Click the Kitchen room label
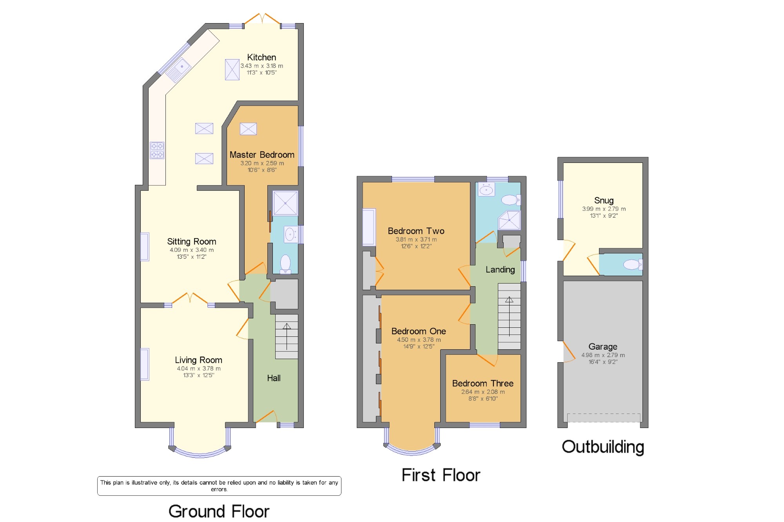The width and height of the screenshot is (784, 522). pyautogui.click(x=261, y=57)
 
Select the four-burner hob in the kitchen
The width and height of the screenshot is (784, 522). pyautogui.click(x=157, y=150)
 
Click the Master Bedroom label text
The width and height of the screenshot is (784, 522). pyautogui.click(x=262, y=155)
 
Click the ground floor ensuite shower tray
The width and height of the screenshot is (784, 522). pyautogui.click(x=285, y=203)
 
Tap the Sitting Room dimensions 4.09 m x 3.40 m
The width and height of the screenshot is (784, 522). pyautogui.click(x=192, y=250)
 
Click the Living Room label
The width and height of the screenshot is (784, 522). pyautogui.click(x=198, y=360)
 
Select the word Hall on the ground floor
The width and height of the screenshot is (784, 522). pyautogui.click(x=274, y=378)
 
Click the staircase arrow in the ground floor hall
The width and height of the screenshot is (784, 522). pyautogui.click(x=287, y=336)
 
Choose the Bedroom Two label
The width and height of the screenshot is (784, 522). pyautogui.click(x=416, y=231)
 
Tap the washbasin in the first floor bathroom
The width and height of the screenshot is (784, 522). pyautogui.click(x=486, y=190)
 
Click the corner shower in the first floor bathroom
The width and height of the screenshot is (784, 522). pyautogui.click(x=509, y=220)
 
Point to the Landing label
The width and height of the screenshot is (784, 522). pyautogui.click(x=500, y=269)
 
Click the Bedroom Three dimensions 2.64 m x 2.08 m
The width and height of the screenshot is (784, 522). pyautogui.click(x=483, y=392)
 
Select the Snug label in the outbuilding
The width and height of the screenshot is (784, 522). pyautogui.click(x=604, y=200)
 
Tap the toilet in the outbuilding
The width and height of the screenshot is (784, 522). pyautogui.click(x=632, y=265)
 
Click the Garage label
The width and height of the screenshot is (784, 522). pyautogui.click(x=603, y=347)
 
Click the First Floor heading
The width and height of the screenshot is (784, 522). pyautogui.click(x=441, y=475)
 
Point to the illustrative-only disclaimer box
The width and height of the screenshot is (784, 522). pyautogui.click(x=219, y=486)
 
